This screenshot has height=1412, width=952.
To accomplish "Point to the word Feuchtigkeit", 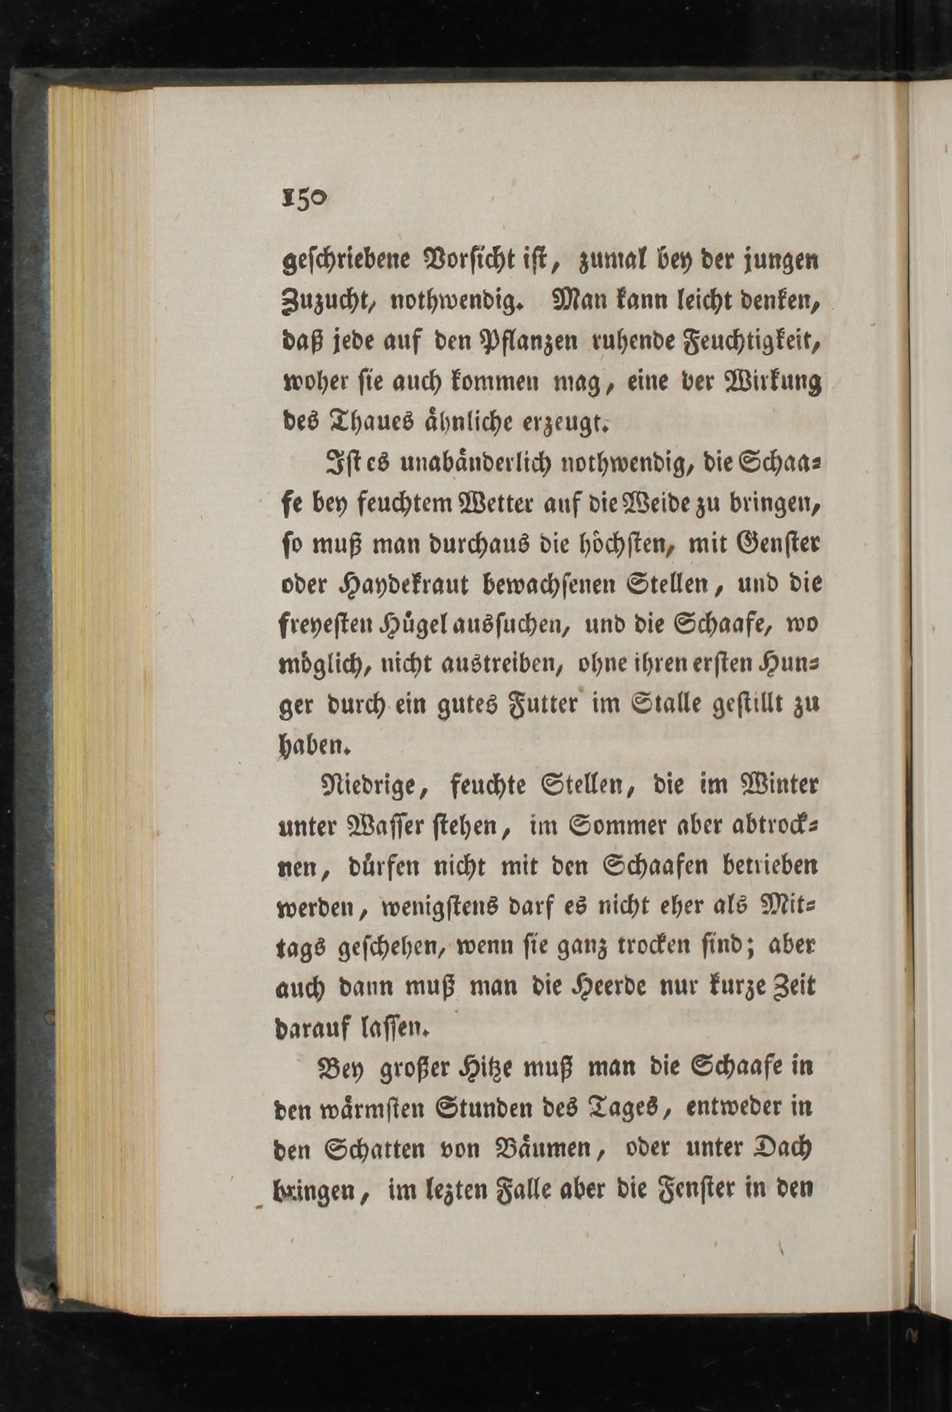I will point(747,341).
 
